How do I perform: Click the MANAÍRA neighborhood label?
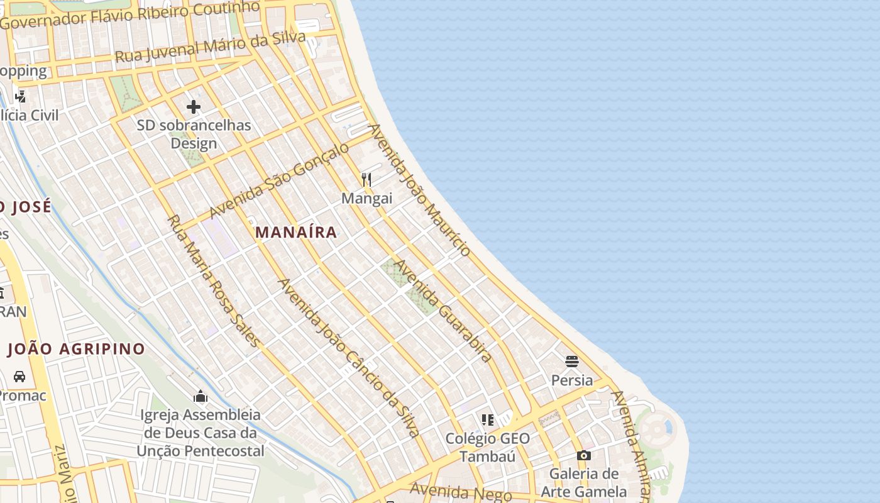296,232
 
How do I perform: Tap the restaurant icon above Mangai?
366,180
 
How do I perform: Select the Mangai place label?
366,199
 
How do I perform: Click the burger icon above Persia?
571,362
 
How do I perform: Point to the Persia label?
571,380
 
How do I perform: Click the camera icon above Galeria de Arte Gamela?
583,455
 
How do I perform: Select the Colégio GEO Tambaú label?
487,447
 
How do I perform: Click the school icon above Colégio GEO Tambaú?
487,419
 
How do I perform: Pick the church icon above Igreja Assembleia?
201,396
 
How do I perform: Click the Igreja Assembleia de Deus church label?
201,433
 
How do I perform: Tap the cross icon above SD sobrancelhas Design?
194,107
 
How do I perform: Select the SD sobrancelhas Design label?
194,134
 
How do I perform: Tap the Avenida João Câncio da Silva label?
348,358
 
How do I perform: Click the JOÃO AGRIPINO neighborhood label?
76,349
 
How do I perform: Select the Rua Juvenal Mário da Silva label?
210,46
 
